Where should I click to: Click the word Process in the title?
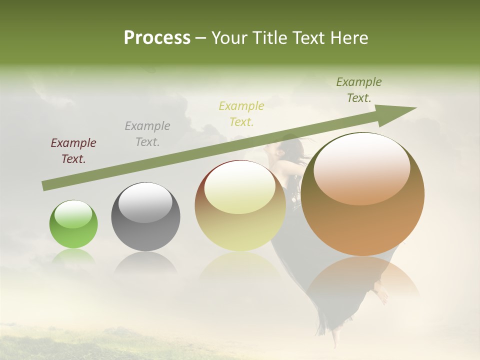point(157,38)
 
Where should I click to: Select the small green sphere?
point(73,224)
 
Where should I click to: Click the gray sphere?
point(145,216)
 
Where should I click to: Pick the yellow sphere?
point(240,206)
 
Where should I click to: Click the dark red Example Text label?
point(73,151)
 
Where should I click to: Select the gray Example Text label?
point(147,134)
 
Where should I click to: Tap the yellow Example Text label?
point(241,113)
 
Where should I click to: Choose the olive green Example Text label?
point(359,90)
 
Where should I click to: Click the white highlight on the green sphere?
point(73,214)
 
